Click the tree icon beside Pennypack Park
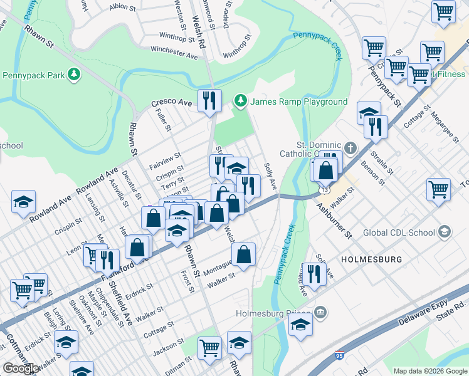75,75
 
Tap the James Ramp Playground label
299,102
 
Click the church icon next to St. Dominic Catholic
350,148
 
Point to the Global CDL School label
399,233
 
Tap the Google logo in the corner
21,368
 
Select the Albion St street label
122,8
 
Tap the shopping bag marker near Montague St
243,254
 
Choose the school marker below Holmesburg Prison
300,325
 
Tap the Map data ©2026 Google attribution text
429,371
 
